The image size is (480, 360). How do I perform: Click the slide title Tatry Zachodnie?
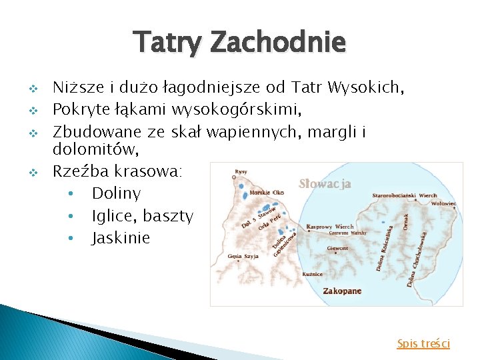tap(240, 43)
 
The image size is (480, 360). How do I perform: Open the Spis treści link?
tap(423, 343)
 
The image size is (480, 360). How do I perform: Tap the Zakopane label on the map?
tap(342, 291)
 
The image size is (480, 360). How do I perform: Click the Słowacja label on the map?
tap(325, 184)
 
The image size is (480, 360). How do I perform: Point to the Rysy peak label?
tap(241, 172)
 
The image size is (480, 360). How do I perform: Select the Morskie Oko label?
tap(266, 193)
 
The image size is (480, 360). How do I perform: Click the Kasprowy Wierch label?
tap(330, 227)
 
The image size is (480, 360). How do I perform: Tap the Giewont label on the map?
tap(337, 248)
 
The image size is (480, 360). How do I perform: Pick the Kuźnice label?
tap(313, 274)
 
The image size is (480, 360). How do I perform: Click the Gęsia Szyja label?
tap(243, 256)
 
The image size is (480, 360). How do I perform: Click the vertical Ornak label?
tap(407, 220)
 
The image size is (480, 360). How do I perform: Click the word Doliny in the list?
tap(116, 193)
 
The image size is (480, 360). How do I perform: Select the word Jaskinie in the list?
tap(121, 238)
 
